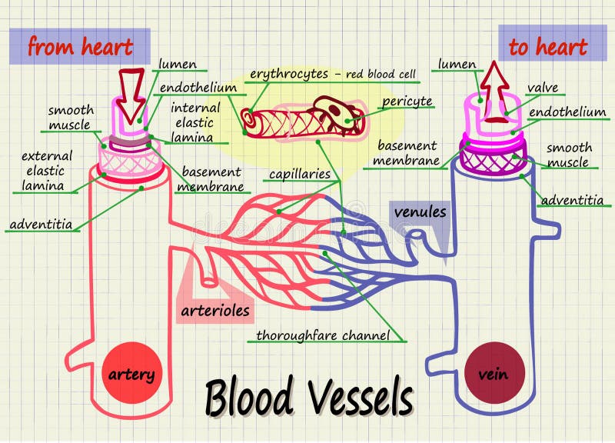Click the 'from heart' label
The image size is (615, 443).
click(80, 46)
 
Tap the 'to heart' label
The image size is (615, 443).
click(547, 46)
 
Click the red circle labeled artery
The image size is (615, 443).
click(131, 375)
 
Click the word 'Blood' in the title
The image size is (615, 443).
click(248, 398)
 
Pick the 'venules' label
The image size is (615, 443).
click(421, 211)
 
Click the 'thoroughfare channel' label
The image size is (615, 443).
click(323, 335)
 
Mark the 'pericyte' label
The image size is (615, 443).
click(407, 101)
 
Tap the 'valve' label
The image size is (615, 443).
click(543, 88)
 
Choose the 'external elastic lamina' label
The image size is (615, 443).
click(42, 171)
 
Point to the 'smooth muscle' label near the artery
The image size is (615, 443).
click(71, 117)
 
